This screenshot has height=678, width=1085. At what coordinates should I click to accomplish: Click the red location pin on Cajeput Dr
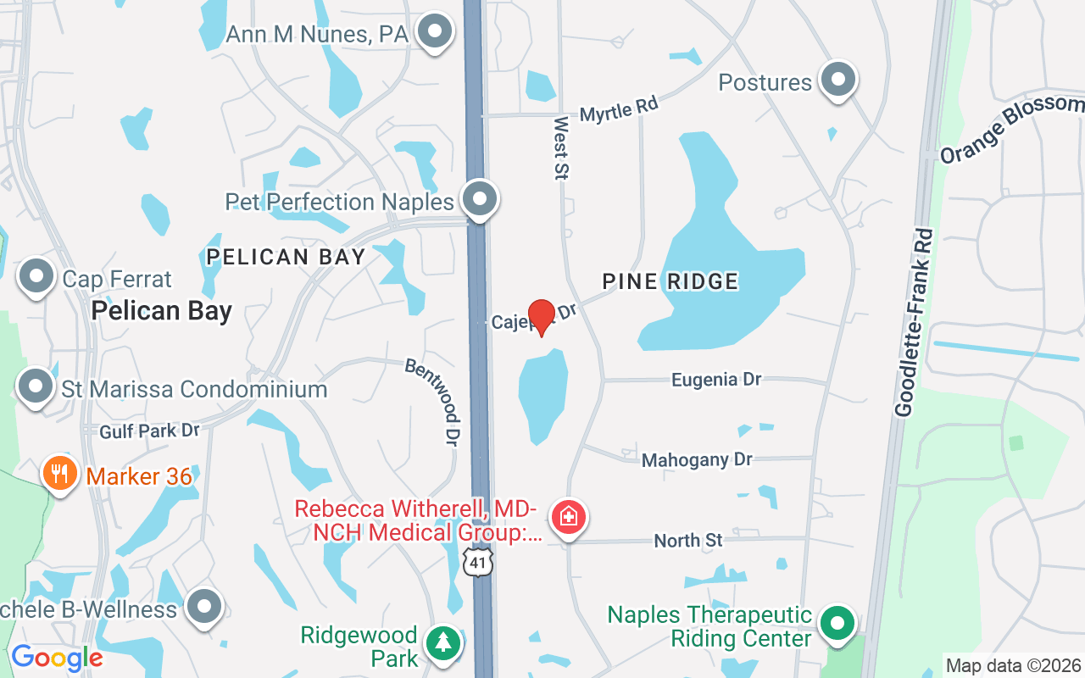tap(541, 317)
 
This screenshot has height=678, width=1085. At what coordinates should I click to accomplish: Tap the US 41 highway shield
tap(479, 560)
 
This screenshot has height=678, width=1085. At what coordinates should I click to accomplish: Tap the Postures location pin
tap(838, 80)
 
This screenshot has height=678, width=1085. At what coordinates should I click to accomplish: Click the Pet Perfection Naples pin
tap(480, 199)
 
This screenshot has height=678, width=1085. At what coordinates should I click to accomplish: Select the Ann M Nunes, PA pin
tap(435, 32)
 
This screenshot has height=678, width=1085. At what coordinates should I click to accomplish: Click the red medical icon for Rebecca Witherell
tap(568, 517)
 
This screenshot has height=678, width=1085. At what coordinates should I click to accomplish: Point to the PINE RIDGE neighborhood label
tap(670, 281)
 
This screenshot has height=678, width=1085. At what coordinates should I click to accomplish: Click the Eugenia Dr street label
tap(716, 379)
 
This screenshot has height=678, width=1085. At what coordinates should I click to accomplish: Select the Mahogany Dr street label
tap(697, 459)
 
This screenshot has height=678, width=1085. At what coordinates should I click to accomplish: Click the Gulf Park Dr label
tap(149, 431)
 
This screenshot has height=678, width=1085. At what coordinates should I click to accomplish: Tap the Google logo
tap(57, 658)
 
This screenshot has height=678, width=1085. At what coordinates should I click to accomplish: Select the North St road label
tap(688, 540)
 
